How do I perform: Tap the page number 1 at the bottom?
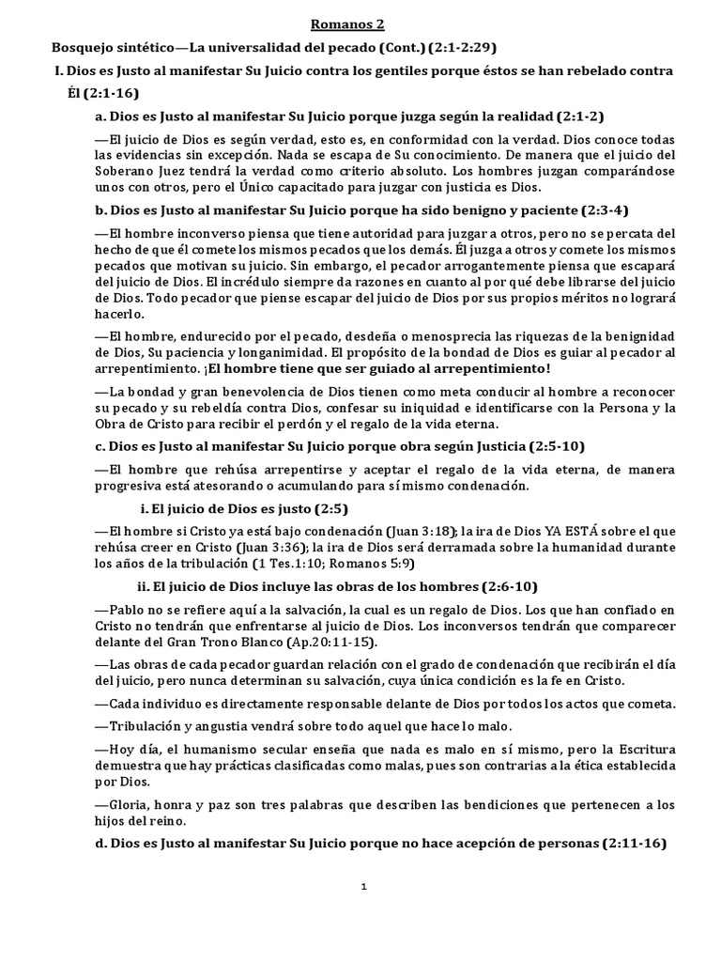[363, 886]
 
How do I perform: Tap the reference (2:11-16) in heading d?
[634, 844]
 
